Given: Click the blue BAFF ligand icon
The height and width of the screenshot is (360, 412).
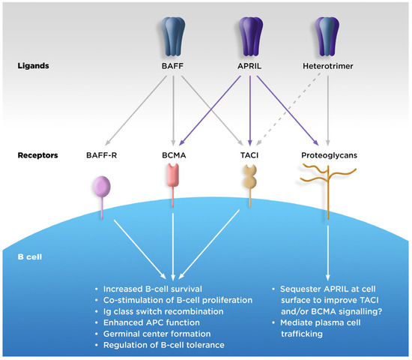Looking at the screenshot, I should [x=175, y=34].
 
